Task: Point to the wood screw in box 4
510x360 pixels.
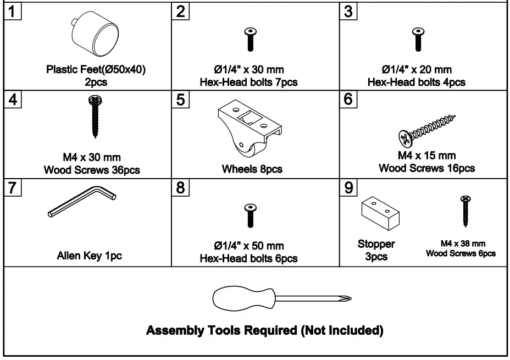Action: [93, 117]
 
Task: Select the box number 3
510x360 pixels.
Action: [348, 12]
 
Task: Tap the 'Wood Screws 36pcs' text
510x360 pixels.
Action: [92, 170]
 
